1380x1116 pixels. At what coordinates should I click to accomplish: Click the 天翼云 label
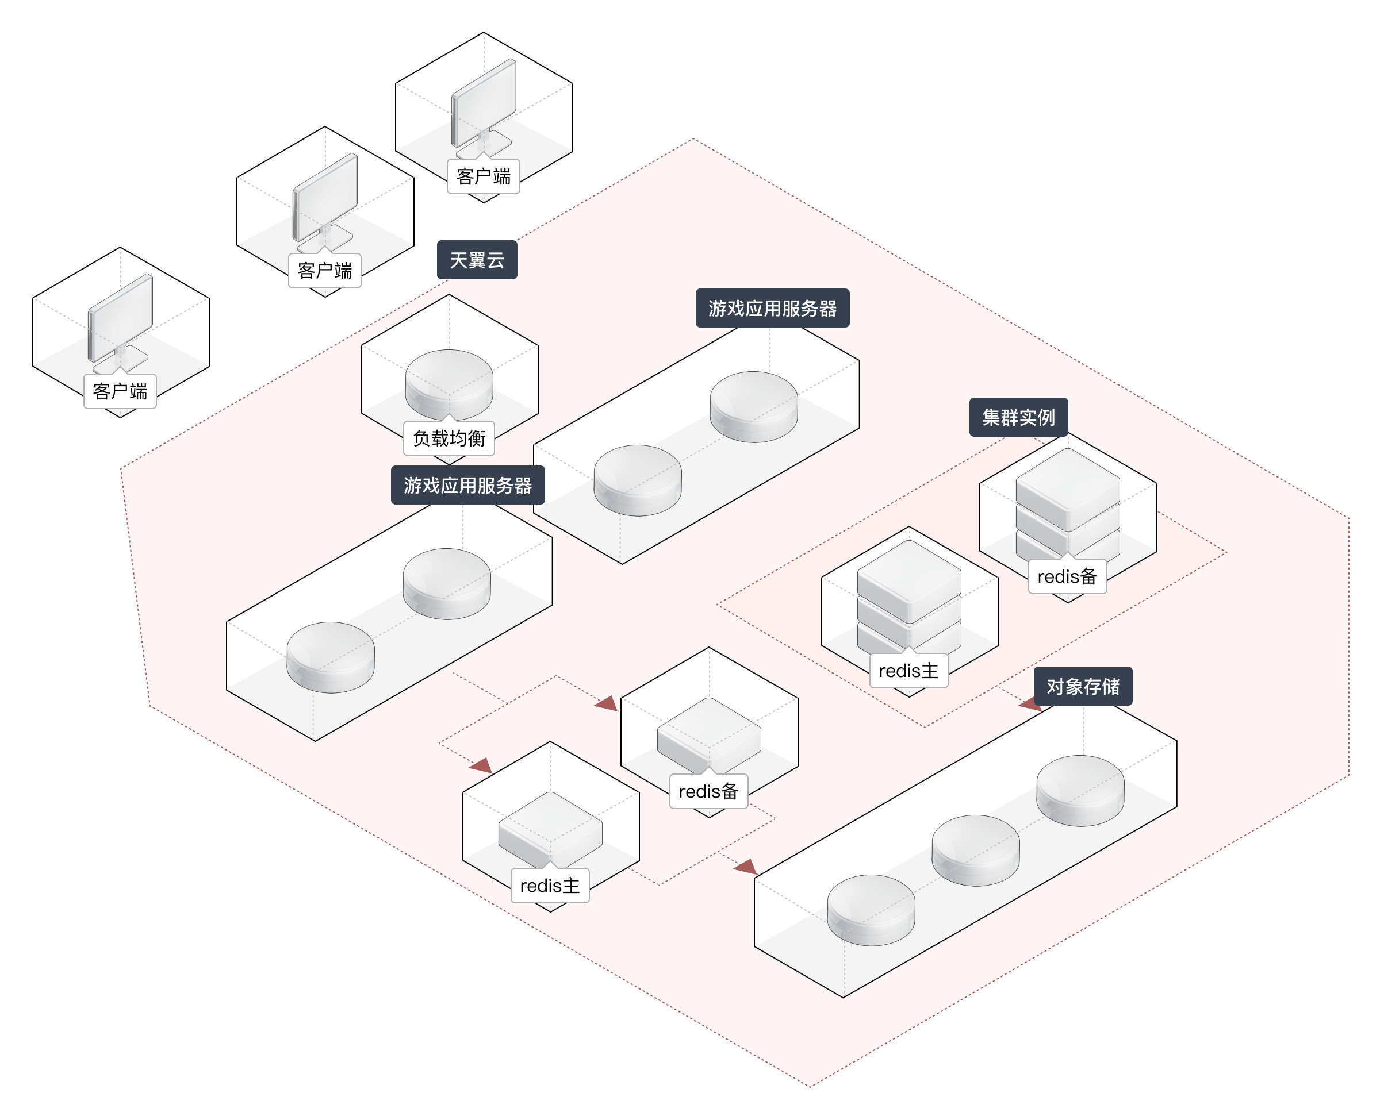477,260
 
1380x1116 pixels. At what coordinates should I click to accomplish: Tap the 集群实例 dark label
1018,418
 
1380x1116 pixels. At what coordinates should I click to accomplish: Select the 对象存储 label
1083,687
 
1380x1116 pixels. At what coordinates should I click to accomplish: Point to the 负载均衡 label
449,438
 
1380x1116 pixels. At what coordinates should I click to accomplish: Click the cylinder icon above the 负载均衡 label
449,383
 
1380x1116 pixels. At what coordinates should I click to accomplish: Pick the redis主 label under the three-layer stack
908,671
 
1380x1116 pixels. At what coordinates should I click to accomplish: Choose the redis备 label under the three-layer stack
1067,576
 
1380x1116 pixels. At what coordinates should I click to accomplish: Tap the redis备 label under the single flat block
708,791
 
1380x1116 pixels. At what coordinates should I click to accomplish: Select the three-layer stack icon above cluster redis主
908,595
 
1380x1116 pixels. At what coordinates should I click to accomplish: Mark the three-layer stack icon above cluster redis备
1067,502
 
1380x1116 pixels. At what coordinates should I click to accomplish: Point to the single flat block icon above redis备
708,734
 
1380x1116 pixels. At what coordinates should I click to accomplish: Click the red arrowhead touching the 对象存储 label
1029,704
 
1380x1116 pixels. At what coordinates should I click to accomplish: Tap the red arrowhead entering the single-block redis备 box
607,704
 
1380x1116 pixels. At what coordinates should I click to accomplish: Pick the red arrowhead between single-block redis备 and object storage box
745,867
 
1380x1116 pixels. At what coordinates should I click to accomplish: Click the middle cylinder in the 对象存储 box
976,850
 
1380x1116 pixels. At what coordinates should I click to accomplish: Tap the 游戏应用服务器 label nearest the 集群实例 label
772,309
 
